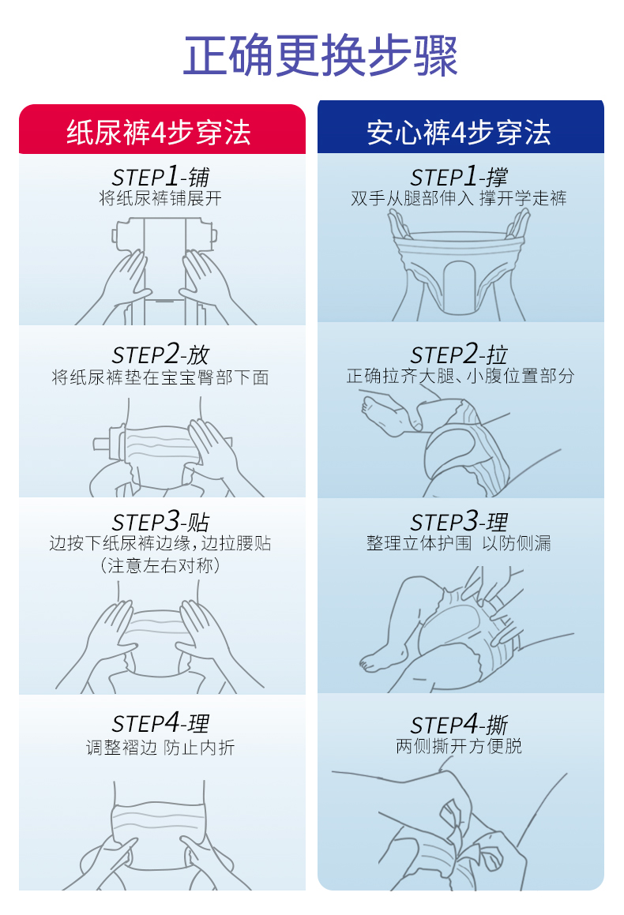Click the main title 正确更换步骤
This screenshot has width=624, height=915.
click(x=321, y=56)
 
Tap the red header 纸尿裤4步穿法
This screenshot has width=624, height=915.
click(x=159, y=133)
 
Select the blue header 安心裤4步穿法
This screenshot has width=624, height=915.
click(x=459, y=133)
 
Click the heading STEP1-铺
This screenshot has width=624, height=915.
click(x=160, y=176)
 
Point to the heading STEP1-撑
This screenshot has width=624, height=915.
click(x=459, y=176)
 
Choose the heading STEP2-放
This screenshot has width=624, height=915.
click(x=160, y=354)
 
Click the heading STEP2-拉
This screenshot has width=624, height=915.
click(x=459, y=354)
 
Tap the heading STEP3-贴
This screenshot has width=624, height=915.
click(x=160, y=521)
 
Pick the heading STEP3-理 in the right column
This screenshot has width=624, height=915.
click(x=459, y=521)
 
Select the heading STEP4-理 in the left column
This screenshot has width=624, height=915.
click(x=160, y=724)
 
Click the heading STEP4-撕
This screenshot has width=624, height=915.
click(x=459, y=725)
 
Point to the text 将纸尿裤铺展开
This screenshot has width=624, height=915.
click(x=160, y=198)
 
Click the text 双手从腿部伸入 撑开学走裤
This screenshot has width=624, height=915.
click(x=459, y=198)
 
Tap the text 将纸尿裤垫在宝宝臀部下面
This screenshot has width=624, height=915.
click(x=160, y=377)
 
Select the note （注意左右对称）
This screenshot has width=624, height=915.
click(x=160, y=565)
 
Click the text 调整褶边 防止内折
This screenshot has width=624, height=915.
click(x=160, y=748)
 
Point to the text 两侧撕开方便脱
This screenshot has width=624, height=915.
click(x=459, y=746)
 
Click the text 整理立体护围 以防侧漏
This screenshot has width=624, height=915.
click(x=459, y=543)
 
